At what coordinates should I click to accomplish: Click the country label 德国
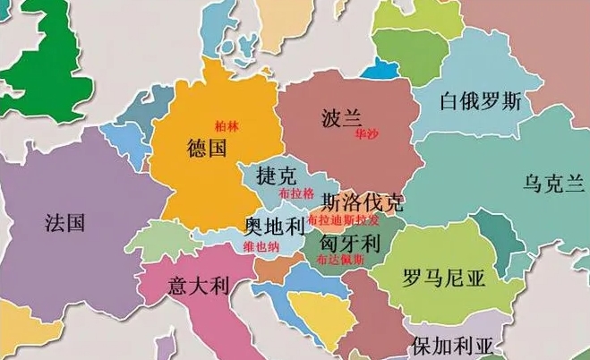[x=208, y=148]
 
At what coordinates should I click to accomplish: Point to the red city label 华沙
[x=367, y=134]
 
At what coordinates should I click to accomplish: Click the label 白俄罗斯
[x=480, y=100]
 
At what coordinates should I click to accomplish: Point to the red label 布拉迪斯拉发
[x=343, y=219]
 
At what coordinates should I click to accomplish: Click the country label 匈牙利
[x=351, y=242]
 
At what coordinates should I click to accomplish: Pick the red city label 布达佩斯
[x=340, y=259]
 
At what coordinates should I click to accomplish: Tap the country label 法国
[x=64, y=222]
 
